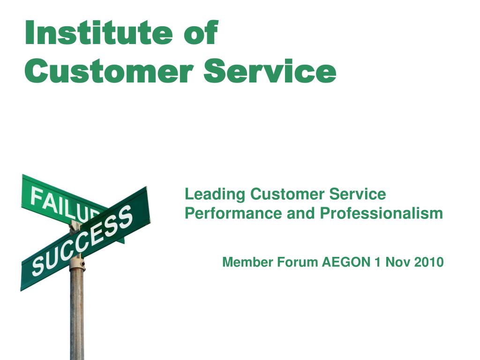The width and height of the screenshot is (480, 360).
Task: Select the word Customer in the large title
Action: click(109, 71)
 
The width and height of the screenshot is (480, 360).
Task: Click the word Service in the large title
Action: click(270, 71)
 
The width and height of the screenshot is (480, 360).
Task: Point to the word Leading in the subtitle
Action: click(215, 195)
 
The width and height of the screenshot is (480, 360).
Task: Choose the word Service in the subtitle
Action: click(358, 194)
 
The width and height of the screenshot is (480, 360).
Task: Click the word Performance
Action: click(233, 213)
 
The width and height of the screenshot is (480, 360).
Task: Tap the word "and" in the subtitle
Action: click(300, 213)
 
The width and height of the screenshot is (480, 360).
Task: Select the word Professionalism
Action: click(382, 213)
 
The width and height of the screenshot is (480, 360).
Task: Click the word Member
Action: click(248, 262)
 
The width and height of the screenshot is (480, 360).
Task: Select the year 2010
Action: click(428, 262)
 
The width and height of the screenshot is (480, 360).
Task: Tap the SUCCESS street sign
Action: click(85, 238)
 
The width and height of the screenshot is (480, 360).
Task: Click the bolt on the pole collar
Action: click(82, 263)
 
